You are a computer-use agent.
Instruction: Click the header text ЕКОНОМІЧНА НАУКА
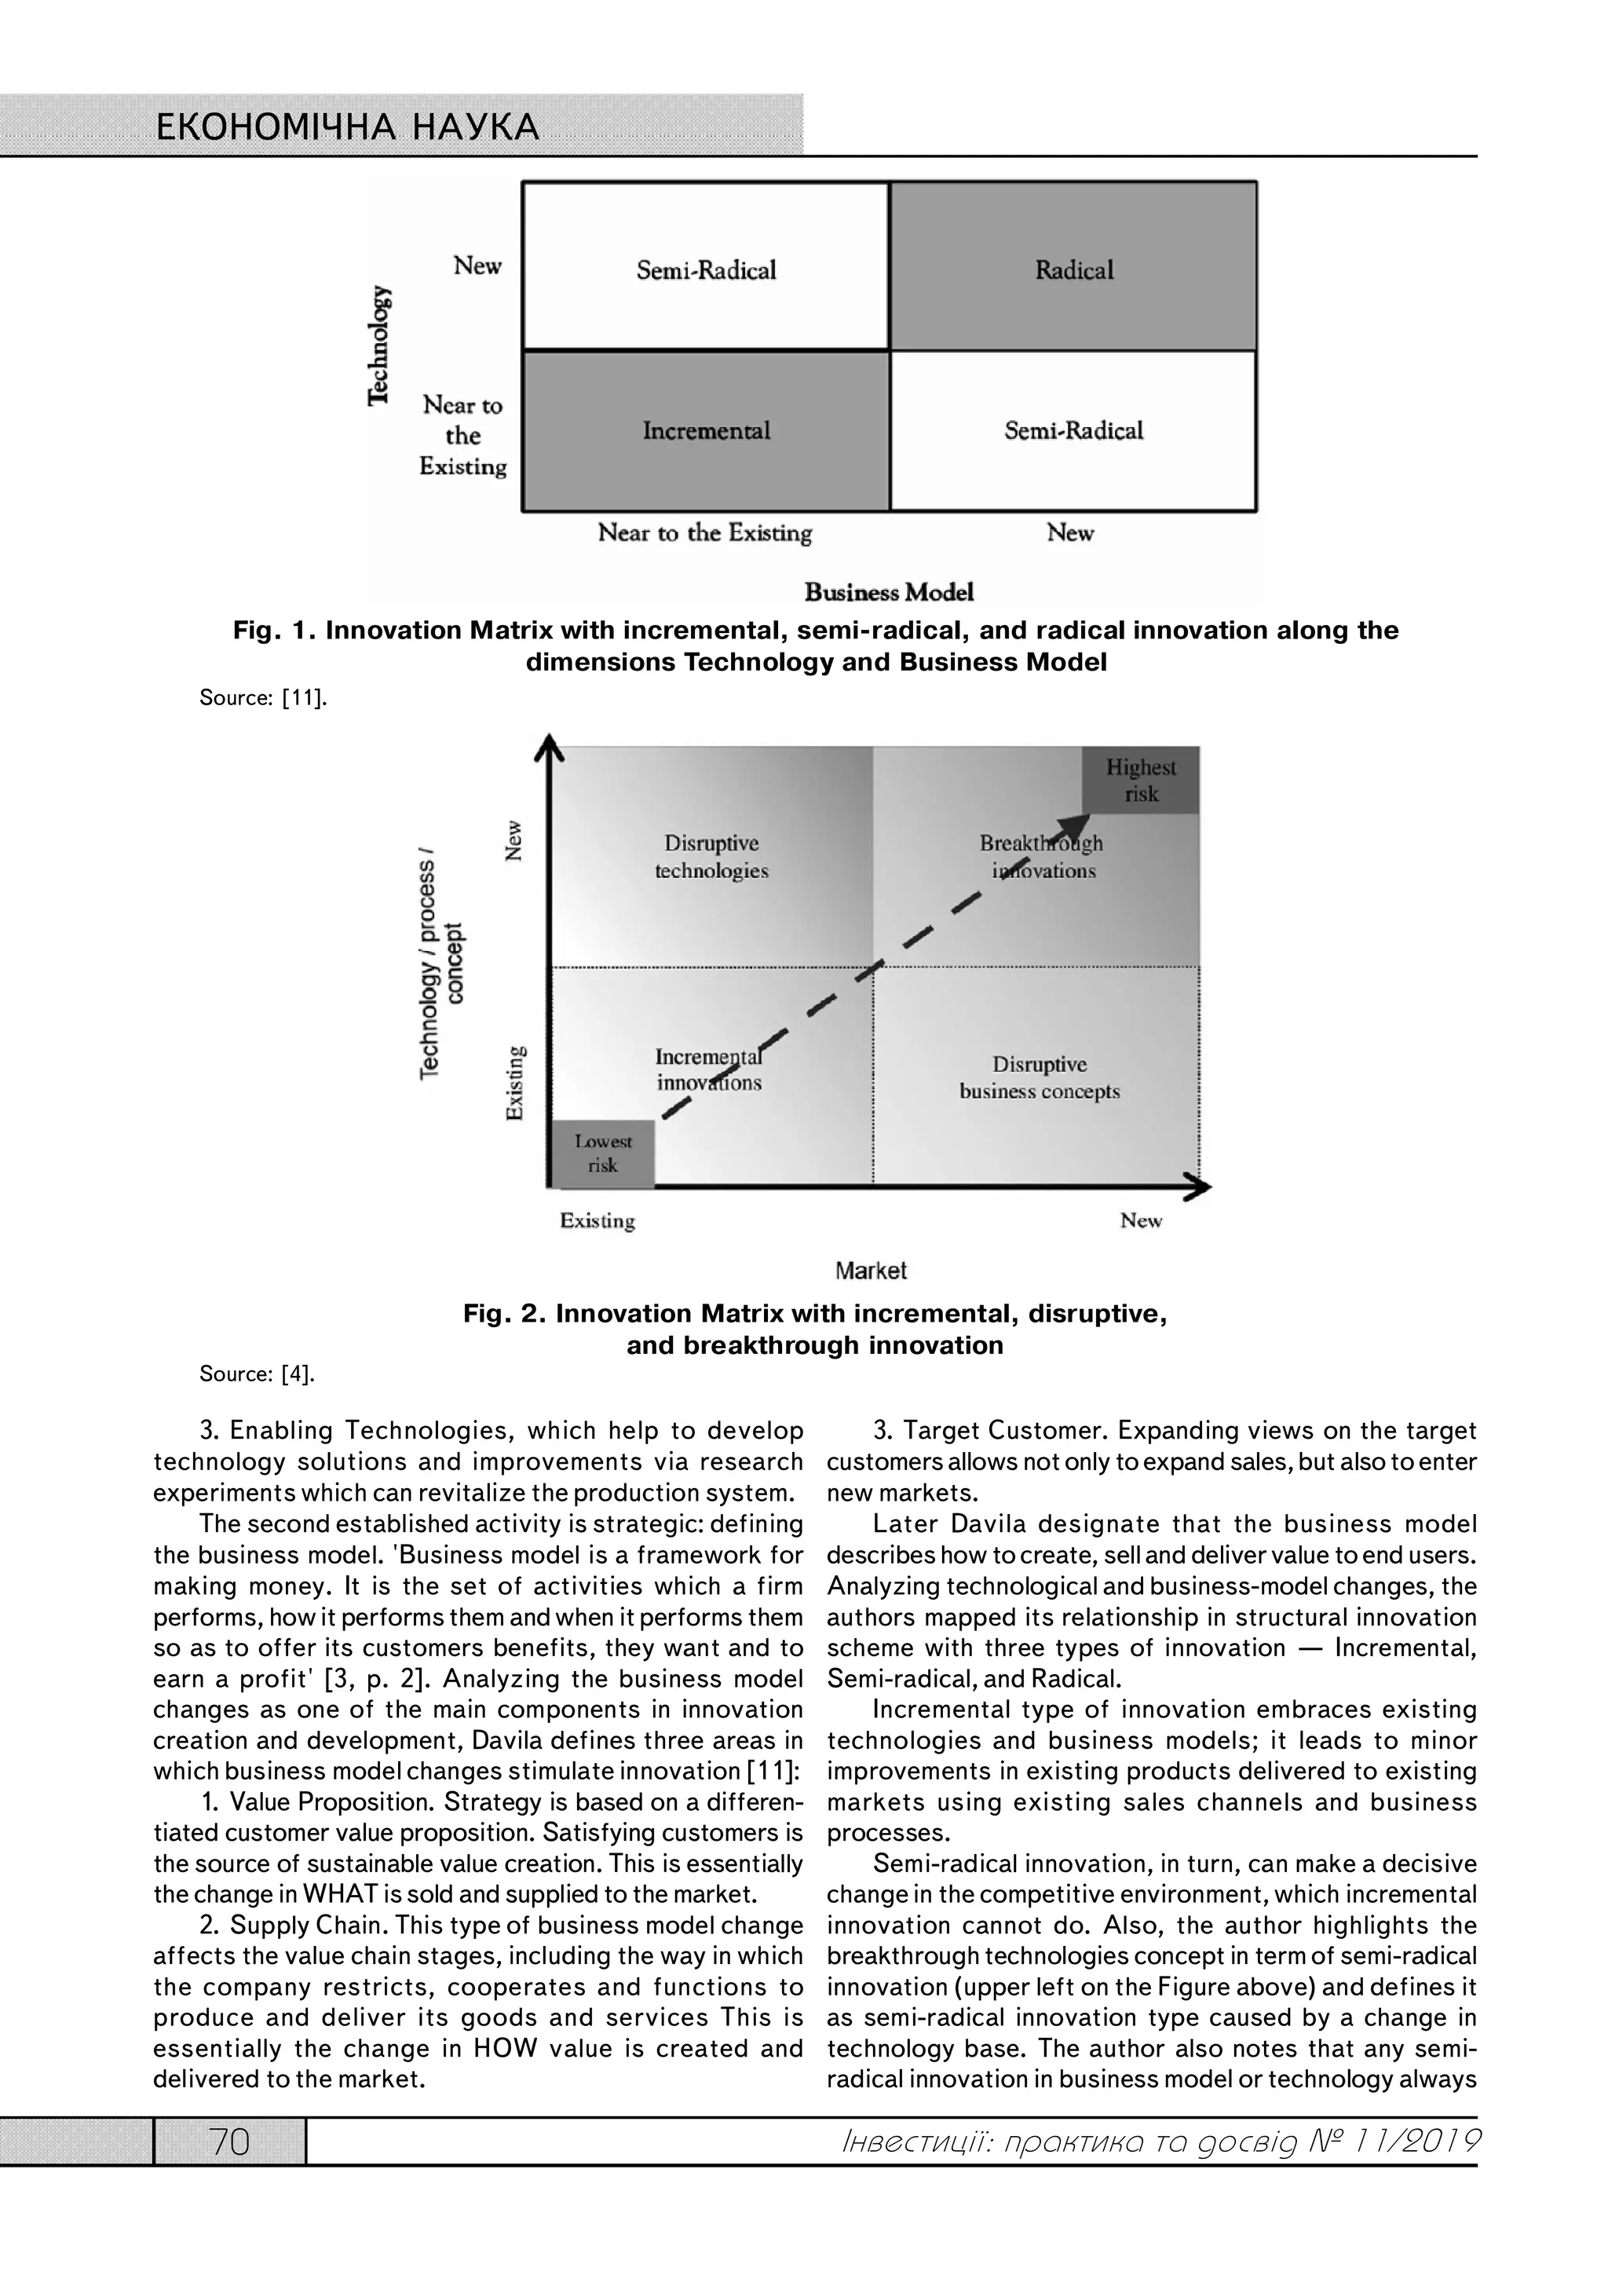[348, 128]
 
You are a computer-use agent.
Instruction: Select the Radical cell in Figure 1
[1074, 269]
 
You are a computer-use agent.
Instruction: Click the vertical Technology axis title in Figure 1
[379, 345]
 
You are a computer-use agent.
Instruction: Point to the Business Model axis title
[889, 593]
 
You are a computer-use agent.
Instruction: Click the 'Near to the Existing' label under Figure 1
[704, 533]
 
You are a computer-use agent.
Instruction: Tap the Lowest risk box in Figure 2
[602, 1154]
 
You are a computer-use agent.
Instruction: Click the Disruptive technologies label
[711, 857]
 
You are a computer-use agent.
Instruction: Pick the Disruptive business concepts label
[1040, 1078]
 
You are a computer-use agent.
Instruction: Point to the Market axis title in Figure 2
[870, 1271]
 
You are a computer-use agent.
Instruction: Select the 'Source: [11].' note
[262, 697]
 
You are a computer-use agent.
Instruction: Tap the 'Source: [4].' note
[257, 1373]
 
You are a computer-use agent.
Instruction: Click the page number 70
[230, 2142]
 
